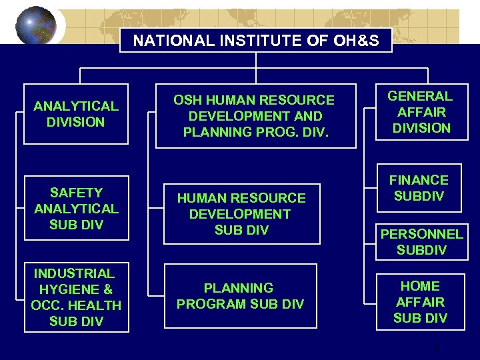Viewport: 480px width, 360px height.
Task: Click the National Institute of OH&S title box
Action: (256, 41)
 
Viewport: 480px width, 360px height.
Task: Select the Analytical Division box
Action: (76, 114)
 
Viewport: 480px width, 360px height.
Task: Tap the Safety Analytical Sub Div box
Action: (76, 208)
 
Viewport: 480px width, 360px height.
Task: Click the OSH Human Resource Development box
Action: (254, 116)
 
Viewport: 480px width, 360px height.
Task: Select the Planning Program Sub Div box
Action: (240, 296)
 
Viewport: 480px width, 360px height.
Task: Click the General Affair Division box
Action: (421, 111)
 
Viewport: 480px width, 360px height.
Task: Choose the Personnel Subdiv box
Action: (421, 242)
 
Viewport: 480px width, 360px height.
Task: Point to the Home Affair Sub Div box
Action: (420, 301)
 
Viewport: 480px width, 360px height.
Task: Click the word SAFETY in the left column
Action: (76, 193)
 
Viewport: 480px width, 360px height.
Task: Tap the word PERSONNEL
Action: (421, 234)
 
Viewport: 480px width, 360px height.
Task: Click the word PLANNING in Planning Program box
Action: (239, 288)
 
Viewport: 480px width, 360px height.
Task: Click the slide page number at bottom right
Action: (437, 347)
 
